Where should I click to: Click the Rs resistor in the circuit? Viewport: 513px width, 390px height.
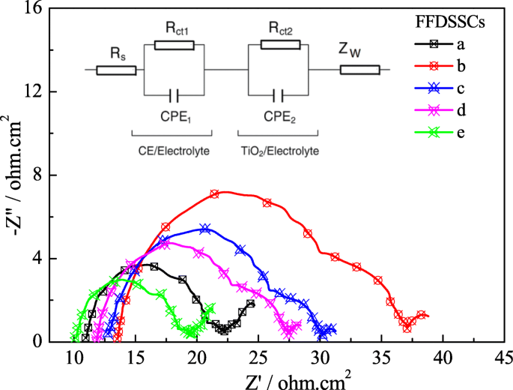[x=116, y=70]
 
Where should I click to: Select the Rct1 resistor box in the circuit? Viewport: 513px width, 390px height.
[x=174, y=45]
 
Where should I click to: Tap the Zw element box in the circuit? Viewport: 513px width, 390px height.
[x=359, y=70]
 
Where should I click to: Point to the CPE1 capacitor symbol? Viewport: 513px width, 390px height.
[x=174, y=95]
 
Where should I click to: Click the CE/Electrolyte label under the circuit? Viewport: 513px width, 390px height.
[x=174, y=151]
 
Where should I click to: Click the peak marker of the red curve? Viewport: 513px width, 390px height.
[x=215, y=193]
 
